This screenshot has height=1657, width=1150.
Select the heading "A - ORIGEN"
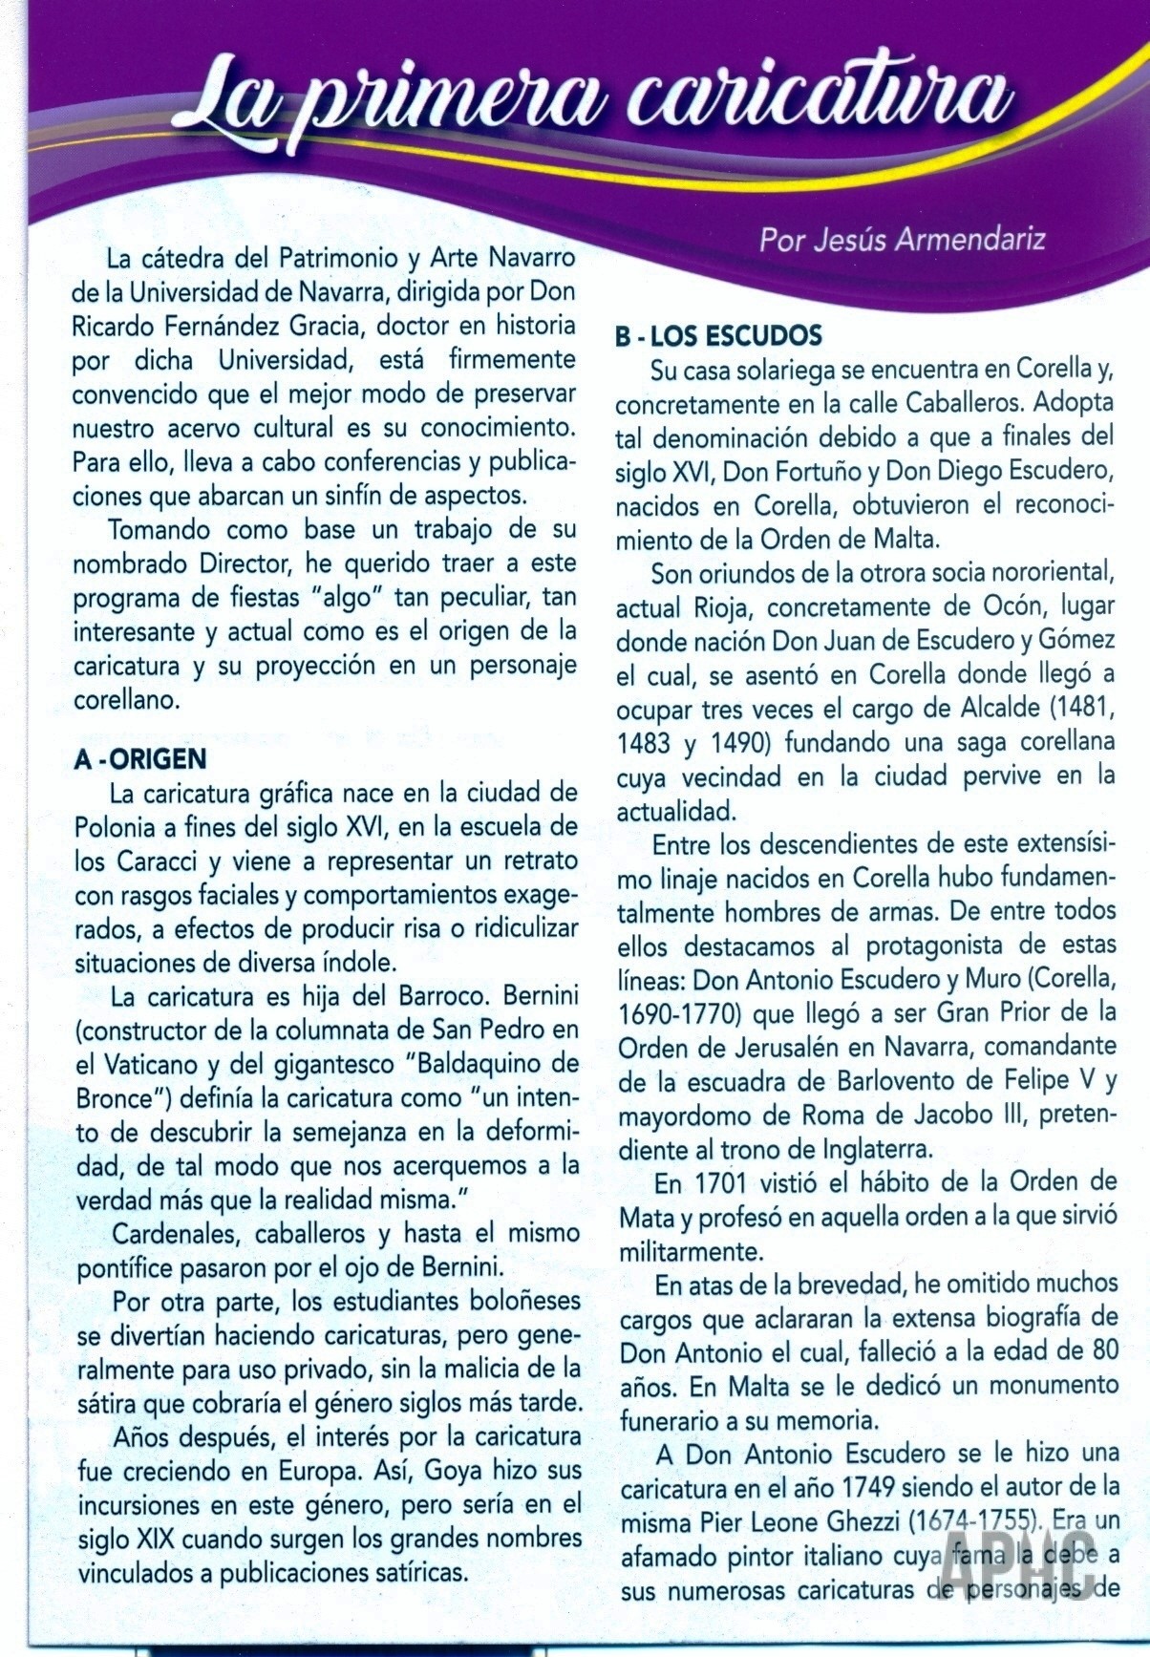139,760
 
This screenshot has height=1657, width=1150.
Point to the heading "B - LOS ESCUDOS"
718,336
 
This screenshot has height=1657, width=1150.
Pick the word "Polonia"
116,827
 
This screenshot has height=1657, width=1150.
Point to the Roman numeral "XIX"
145,1540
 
